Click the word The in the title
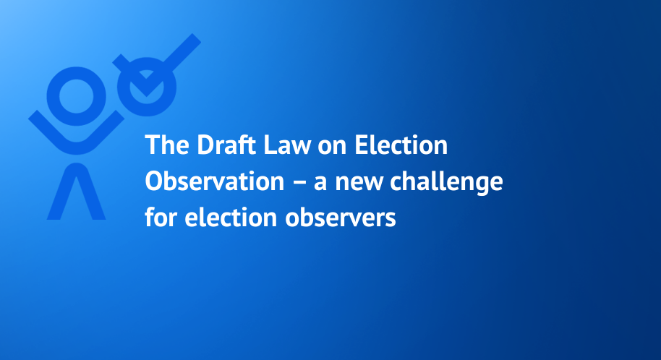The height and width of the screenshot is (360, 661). coord(167,145)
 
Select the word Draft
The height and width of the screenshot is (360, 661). coord(226,145)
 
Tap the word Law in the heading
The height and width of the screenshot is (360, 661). coord(287,145)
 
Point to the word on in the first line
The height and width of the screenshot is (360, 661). coord(332,147)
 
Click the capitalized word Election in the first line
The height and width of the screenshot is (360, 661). coord(401,145)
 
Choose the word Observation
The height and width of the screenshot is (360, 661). coord(215,181)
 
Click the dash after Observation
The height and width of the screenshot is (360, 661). coord(299,182)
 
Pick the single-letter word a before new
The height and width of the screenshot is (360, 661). coord(320,184)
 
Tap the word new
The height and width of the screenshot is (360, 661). coord(358,184)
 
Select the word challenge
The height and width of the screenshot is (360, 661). coord(446,183)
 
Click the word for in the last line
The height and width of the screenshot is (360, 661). coord(161,217)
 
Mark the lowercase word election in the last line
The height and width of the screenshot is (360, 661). coord(231,217)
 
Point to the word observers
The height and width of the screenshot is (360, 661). coord(340,217)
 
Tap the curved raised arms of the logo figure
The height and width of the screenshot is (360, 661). coord(77,147)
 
